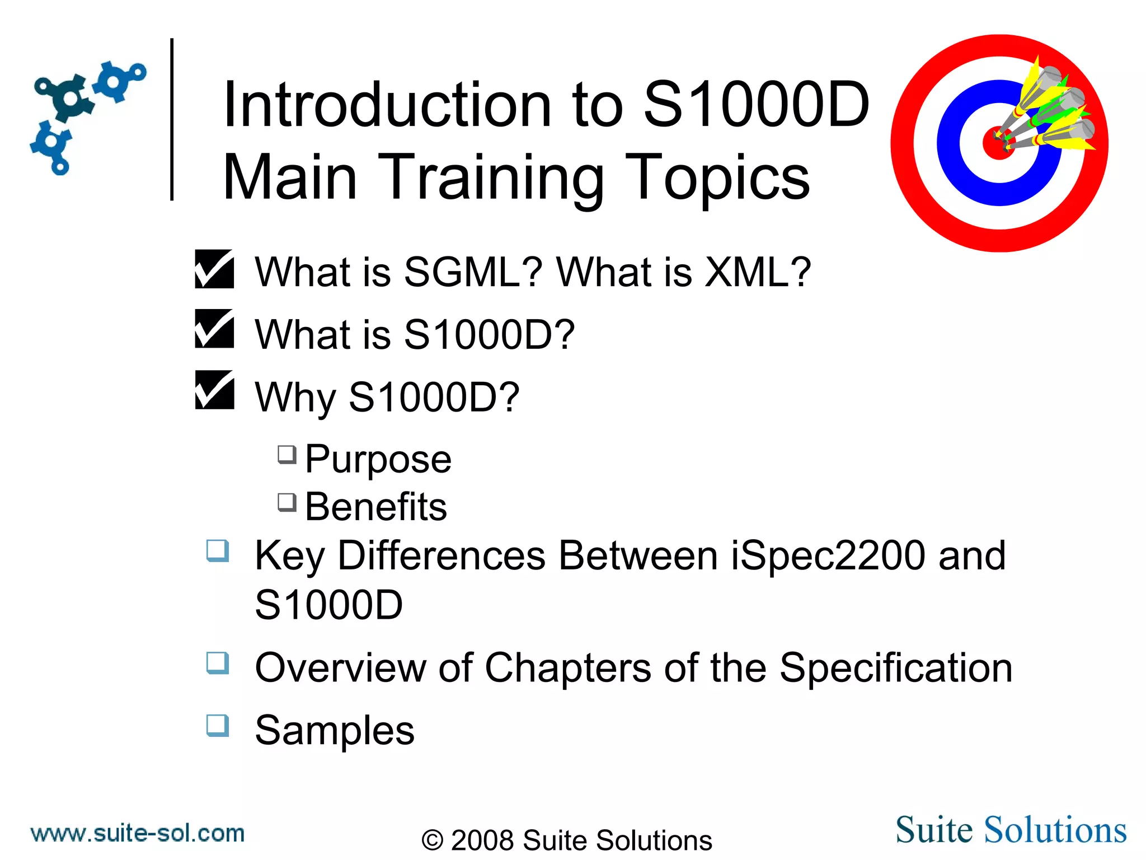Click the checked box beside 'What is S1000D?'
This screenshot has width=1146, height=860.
[214, 329]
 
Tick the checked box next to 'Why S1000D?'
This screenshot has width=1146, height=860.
[214, 390]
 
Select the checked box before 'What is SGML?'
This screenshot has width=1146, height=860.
[214, 269]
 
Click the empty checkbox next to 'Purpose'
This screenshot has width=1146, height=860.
[287, 455]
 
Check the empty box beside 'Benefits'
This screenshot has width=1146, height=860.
[287, 502]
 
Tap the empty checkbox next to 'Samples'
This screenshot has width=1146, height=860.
[218, 725]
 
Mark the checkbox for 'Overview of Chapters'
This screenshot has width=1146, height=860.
[218, 663]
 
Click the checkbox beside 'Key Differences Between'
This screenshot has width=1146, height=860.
[218, 550]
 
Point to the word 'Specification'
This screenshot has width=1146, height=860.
[896, 668]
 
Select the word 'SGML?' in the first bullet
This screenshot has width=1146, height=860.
[473, 272]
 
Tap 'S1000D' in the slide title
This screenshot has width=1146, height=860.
[757, 105]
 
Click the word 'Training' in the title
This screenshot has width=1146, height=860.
[491, 177]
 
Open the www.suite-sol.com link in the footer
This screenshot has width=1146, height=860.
[138, 833]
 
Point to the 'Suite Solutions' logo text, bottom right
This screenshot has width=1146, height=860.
[1011, 830]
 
